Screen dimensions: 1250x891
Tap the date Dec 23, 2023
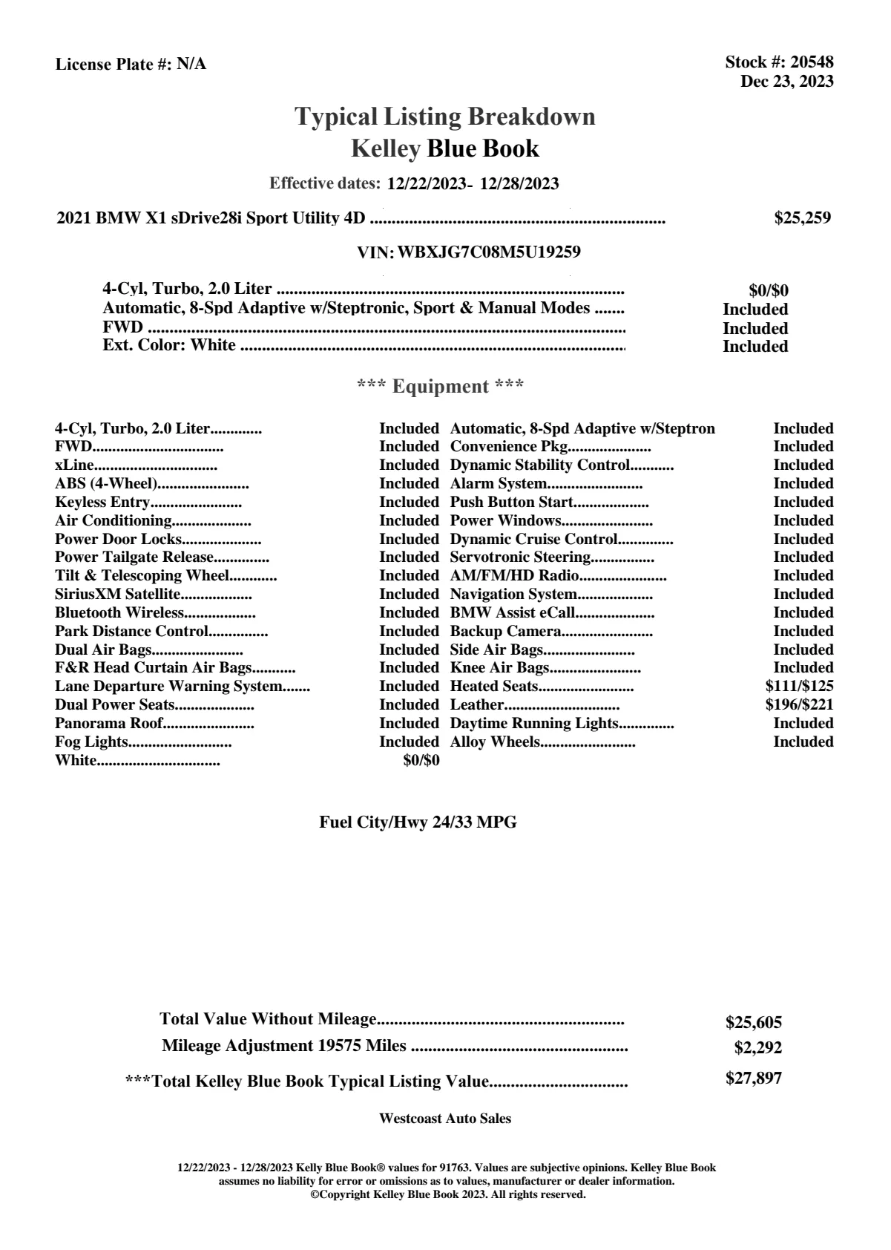click(786, 82)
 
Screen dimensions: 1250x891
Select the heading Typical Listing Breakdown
click(445, 117)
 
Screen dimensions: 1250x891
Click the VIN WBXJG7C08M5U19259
click(489, 252)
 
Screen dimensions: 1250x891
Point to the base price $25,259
click(802, 218)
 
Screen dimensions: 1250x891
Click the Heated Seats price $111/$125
click(799, 687)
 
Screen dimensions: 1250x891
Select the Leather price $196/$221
click(799, 705)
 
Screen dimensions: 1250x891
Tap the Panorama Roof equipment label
click(108, 724)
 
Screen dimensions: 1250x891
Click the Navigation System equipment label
click(513, 595)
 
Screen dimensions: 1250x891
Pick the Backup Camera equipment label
click(505, 632)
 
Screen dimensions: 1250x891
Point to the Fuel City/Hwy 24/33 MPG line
click(418, 822)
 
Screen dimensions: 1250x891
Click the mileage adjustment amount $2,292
click(757, 1048)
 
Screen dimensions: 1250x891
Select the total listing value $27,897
click(753, 1079)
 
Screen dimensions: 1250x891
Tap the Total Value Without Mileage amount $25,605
click(753, 1023)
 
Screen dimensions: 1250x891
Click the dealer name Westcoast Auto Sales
click(444, 1119)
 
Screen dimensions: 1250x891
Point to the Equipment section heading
click(441, 387)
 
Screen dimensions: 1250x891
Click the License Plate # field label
click(113, 65)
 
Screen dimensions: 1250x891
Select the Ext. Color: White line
click(169, 345)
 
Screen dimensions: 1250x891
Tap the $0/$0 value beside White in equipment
click(421, 761)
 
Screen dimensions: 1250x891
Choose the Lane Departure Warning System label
click(168, 687)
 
